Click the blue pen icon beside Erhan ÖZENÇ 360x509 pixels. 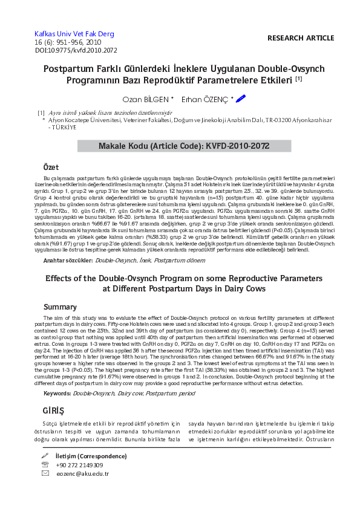(241, 98)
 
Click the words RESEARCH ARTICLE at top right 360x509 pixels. (300, 38)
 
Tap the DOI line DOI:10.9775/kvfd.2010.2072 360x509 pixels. (76, 51)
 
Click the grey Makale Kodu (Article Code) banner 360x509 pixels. (185, 146)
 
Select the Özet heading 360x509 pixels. (51, 166)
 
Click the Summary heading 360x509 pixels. (60, 307)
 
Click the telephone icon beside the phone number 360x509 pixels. (45, 464)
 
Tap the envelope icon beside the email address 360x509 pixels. (45, 473)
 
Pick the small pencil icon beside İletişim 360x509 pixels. (44, 455)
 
